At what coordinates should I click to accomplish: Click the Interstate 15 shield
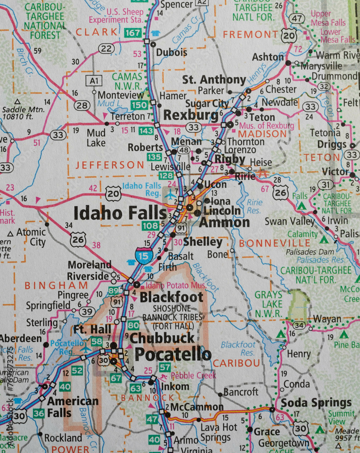(x=144, y=255)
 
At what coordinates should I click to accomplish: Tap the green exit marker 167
(x=133, y=33)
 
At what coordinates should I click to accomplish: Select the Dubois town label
(x=172, y=53)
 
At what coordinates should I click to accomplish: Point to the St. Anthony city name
(x=214, y=80)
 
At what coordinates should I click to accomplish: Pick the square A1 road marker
(x=93, y=81)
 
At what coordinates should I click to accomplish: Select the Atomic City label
(x=31, y=237)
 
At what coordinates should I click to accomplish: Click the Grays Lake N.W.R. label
(x=268, y=304)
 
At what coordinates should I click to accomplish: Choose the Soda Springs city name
(x=316, y=403)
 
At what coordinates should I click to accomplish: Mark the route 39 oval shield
(x=87, y=312)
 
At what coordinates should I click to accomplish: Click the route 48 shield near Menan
(x=183, y=150)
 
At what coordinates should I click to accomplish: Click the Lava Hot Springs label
(x=216, y=433)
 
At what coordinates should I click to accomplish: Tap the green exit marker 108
(x=150, y=226)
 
